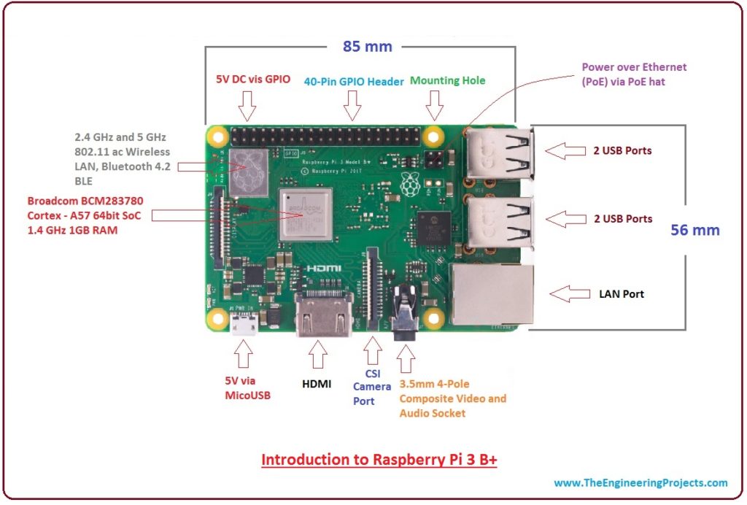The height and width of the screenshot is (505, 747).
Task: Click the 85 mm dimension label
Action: [x=368, y=47]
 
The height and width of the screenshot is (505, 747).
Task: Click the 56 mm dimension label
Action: [x=694, y=230]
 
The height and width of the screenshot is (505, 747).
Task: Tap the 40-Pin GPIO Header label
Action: [x=354, y=82]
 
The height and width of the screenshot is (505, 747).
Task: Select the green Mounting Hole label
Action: [x=447, y=81]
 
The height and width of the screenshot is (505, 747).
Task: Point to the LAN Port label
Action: [x=622, y=294]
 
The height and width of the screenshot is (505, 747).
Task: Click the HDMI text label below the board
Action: [x=317, y=382]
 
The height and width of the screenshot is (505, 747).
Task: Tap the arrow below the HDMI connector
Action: [x=318, y=355]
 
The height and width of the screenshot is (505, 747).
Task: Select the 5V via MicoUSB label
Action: [x=246, y=387]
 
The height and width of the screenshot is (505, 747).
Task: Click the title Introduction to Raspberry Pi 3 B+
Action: [x=379, y=460]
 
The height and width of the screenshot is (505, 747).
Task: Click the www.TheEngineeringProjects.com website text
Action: [x=640, y=482]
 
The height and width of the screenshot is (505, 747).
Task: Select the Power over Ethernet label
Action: [x=633, y=74]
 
